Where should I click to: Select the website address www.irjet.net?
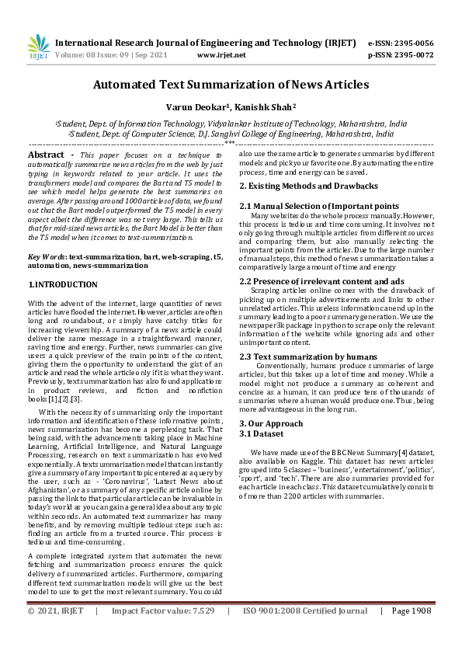point(221,55)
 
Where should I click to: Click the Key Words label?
point(46,256)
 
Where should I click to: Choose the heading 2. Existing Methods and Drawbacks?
point(297,186)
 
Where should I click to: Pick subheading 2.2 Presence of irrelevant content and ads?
point(311,280)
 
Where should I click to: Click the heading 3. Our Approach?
point(270,423)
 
